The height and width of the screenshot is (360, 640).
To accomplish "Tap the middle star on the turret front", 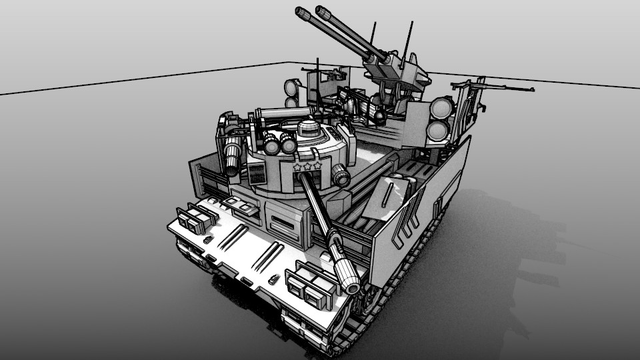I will (x=307, y=166).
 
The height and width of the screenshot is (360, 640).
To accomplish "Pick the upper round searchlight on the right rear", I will (x=441, y=107).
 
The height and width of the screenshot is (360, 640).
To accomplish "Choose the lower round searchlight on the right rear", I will (x=437, y=131).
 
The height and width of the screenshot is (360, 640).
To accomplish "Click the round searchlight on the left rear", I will (x=292, y=87).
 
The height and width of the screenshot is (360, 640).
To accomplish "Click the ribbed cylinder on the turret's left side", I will (x=231, y=157).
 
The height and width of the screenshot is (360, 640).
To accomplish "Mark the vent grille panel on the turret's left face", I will (x=257, y=175).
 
